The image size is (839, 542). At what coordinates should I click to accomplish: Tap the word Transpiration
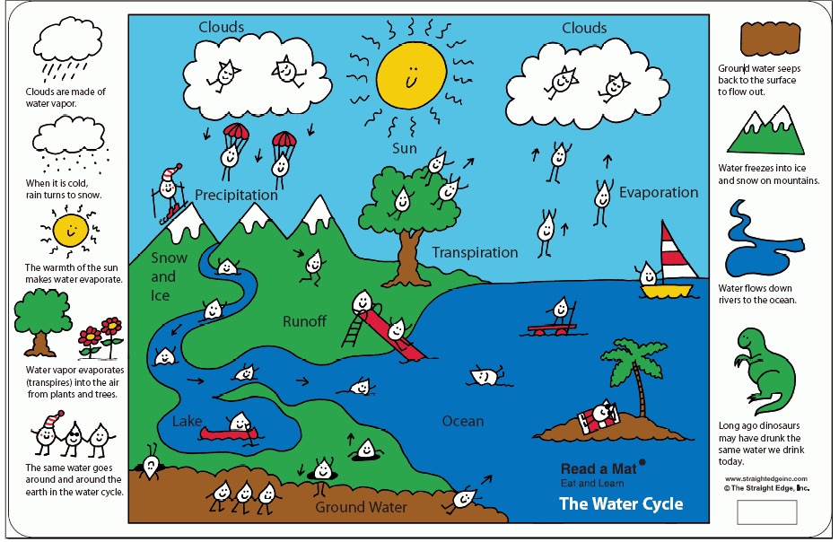pos(475,253)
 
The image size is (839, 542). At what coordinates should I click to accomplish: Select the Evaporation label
pos(658,192)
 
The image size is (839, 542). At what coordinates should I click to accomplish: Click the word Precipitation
pos(236,195)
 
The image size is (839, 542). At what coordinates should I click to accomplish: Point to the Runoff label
pos(304,321)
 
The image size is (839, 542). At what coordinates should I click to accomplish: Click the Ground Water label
pos(360,507)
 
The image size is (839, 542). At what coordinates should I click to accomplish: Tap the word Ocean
pos(462,421)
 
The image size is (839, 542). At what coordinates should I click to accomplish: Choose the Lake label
pos(187,421)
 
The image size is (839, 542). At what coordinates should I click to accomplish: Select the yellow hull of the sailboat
pos(669,291)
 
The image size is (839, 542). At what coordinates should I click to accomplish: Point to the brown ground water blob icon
pos(771,38)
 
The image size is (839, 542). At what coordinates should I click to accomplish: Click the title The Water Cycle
pos(620,503)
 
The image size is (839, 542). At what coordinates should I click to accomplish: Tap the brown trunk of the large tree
pos(407,255)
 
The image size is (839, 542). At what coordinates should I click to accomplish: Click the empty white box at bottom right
pos(767,512)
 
